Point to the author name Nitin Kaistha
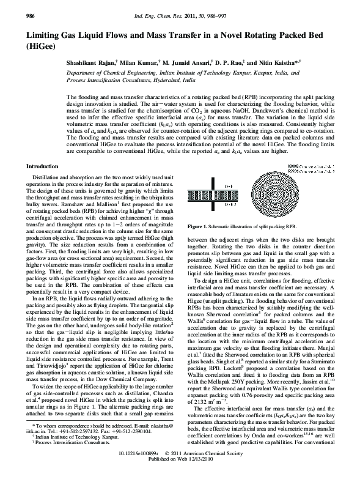click(x=282, y=62)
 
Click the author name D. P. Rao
click(x=226, y=62)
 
